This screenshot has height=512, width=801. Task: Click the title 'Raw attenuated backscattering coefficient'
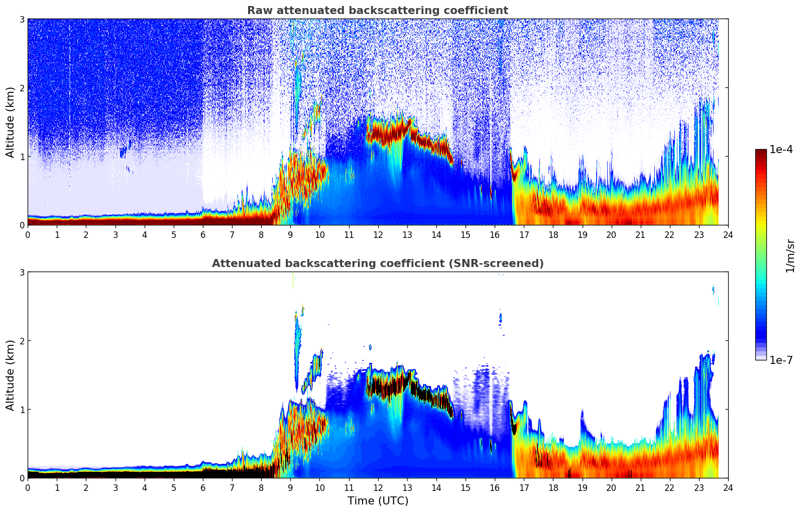tap(377, 11)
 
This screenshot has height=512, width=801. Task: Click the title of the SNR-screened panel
tap(377, 264)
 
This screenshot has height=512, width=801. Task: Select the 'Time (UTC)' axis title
tap(378, 501)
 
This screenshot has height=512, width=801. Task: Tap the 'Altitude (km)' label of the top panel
tap(11, 122)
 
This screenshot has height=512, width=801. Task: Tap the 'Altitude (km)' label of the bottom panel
tap(11, 375)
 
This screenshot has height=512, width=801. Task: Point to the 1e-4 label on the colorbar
tap(781, 150)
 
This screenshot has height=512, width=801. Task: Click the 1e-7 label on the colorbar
tap(781, 360)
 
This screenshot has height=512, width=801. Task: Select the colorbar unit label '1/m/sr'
tap(790, 255)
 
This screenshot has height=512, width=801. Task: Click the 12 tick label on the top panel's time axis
tap(378, 234)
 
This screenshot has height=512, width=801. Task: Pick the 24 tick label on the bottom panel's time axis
tap(728, 487)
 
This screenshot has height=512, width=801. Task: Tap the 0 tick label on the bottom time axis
tap(28, 487)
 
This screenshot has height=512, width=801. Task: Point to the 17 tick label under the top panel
tap(524, 234)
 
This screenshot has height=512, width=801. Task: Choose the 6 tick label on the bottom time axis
tap(203, 487)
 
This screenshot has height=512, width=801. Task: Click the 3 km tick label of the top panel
tap(22, 19)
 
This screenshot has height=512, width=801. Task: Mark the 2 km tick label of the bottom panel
tap(22, 341)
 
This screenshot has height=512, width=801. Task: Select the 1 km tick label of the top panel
tap(22, 157)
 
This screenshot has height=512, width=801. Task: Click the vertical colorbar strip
tap(761, 254)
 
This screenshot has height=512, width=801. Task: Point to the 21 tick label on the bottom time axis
tap(640, 487)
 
